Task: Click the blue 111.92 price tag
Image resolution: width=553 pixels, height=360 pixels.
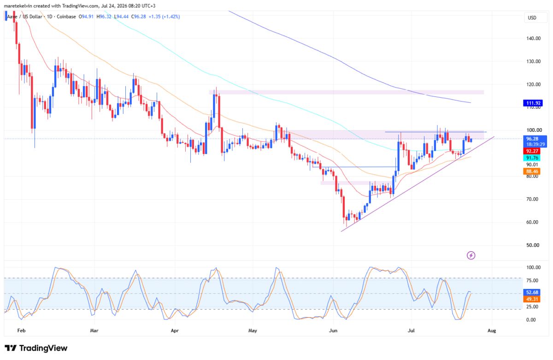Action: pyautogui.click(x=533, y=103)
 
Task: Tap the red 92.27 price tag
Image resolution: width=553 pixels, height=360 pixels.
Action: pyautogui.click(x=532, y=151)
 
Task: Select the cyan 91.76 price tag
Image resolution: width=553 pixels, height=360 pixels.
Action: pyautogui.click(x=532, y=158)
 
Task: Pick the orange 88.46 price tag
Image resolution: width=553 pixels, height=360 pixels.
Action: pyautogui.click(x=532, y=171)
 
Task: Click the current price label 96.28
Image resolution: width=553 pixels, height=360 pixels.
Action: pyautogui.click(x=532, y=139)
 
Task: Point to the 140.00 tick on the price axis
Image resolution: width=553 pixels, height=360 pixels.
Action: pyautogui.click(x=533, y=38)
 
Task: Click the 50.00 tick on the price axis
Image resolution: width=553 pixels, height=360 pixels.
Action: pyautogui.click(x=533, y=245)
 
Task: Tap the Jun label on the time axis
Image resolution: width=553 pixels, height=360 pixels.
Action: pyautogui.click(x=333, y=330)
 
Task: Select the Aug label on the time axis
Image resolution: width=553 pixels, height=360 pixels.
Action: pyautogui.click(x=492, y=330)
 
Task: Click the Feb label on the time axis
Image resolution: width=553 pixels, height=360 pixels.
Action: pyautogui.click(x=22, y=330)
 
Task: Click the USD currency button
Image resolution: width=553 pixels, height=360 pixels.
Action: pyautogui.click(x=532, y=18)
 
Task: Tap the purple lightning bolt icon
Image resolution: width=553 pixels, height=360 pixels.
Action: pyautogui.click(x=471, y=255)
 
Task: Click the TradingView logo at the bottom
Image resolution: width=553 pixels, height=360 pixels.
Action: pyautogui.click(x=36, y=348)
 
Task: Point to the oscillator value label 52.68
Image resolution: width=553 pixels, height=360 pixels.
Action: pyautogui.click(x=532, y=292)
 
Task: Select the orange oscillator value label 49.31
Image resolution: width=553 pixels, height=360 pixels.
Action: pyautogui.click(x=532, y=299)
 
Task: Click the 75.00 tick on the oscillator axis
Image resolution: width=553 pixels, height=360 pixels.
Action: pyautogui.click(x=533, y=281)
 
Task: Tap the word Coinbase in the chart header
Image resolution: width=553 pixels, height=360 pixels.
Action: pyautogui.click(x=66, y=17)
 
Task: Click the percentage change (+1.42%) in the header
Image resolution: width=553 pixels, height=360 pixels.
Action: pyautogui.click(x=171, y=17)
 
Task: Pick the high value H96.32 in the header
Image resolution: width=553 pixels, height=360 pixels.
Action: pyautogui.click(x=104, y=17)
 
